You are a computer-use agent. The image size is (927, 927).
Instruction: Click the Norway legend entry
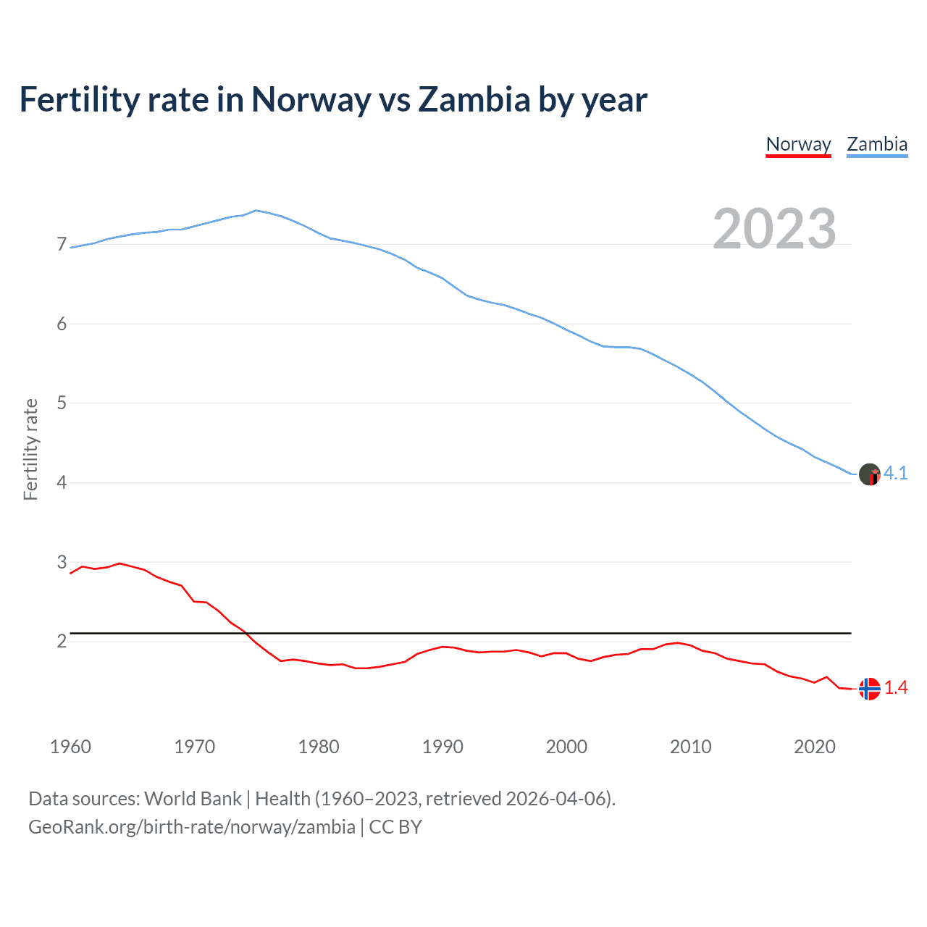click(798, 144)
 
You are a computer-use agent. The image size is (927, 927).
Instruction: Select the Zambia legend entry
click(877, 144)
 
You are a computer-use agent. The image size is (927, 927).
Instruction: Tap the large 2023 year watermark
click(774, 229)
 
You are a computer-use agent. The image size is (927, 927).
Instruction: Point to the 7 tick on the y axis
click(62, 245)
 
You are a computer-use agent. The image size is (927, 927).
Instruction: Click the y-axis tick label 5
click(62, 403)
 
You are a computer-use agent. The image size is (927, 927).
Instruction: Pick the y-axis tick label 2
click(62, 642)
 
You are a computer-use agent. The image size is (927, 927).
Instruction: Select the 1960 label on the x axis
click(70, 747)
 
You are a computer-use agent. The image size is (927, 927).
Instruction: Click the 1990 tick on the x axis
click(442, 747)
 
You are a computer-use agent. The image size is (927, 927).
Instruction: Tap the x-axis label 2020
click(815, 747)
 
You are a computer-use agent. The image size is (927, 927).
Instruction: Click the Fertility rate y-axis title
click(30, 449)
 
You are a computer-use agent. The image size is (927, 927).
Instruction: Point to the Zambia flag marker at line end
click(869, 474)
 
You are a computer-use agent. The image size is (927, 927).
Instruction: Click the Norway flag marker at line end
click(869, 689)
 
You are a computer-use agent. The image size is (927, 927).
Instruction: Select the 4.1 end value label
click(896, 473)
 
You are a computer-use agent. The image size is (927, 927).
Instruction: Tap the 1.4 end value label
click(896, 688)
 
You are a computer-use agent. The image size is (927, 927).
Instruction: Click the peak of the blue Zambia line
click(256, 210)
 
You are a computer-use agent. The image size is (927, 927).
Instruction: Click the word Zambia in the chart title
click(474, 100)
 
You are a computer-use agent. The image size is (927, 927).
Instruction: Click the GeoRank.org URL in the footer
click(192, 827)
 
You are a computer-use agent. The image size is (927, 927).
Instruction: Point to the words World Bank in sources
click(193, 799)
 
